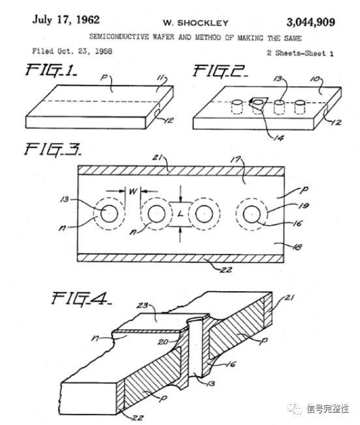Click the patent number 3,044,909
pyautogui.click(x=301, y=22)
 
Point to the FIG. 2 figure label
pyautogui.click(x=220, y=69)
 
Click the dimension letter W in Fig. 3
pyautogui.click(x=132, y=192)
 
